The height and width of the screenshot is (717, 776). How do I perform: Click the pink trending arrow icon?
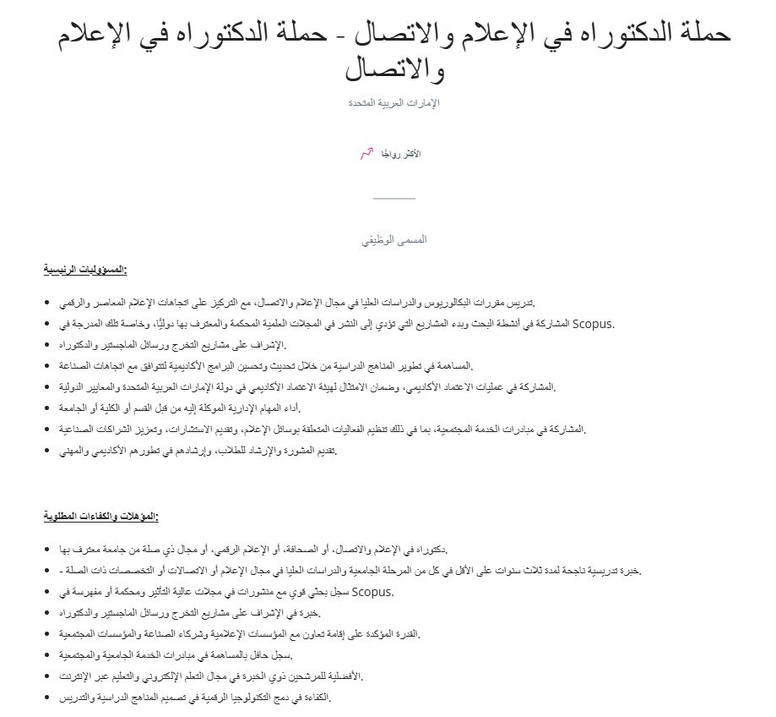pyautogui.click(x=366, y=153)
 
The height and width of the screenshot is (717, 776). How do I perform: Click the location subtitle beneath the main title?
pyautogui.click(x=394, y=103)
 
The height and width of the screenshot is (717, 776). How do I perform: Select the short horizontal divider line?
pyautogui.click(x=394, y=198)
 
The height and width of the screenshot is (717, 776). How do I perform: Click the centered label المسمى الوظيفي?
pyautogui.click(x=394, y=239)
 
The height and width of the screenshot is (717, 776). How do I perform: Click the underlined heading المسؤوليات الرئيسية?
pyautogui.click(x=84, y=270)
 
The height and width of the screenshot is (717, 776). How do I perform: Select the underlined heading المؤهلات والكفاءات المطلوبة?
pyautogui.click(x=100, y=516)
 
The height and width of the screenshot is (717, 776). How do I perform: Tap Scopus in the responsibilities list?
pyautogui.click(x=594, y=323)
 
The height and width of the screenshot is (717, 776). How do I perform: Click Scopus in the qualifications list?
pyautogui.click(x=372, y=591)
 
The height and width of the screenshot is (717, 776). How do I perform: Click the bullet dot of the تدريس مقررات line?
pyautogui.click(x=47, y=303)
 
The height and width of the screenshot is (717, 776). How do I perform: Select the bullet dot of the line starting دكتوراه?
pyautogui.click(x=47, y=549)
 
